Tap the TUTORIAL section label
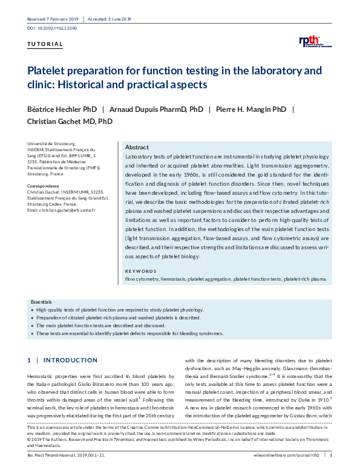click(45, 44)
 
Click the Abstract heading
click(137, 148)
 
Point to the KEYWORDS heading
click(140, 272)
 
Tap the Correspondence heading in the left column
click(44, 186)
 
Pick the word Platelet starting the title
click(45, 71)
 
